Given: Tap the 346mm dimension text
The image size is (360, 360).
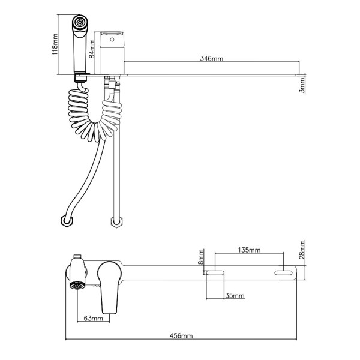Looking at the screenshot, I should (x=211, y=59).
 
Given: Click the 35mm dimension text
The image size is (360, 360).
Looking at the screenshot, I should (x=235, y=296).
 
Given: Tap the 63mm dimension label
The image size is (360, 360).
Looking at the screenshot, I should (x=92, y=319).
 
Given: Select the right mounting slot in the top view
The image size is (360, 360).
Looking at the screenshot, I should (x=285, y=274).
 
